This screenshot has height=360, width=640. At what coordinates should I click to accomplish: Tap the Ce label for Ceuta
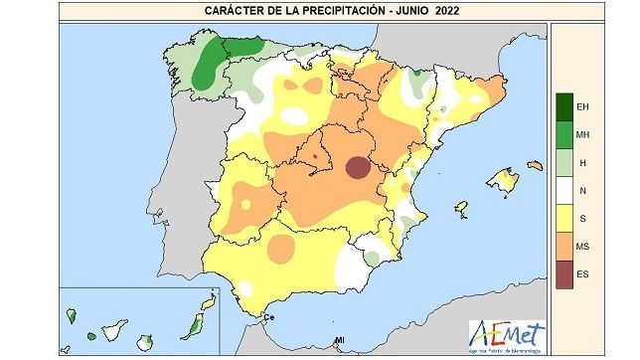[x=267, y=317]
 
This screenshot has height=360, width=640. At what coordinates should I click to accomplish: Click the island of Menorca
[x=536, y=165]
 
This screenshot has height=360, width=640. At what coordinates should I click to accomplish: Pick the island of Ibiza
[x=461, y=208]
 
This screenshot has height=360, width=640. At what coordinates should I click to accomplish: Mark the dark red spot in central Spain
[x=356, y=168]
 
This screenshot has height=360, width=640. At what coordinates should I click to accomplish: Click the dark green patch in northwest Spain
[x=207, y=69]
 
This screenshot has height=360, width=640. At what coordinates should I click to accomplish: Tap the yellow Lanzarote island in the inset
[x=209, y=301]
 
